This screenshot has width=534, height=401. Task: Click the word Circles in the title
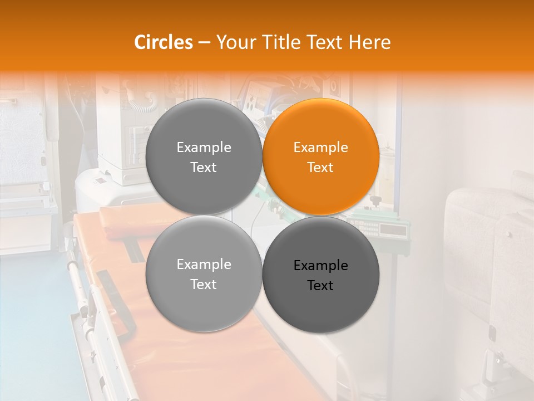pos(164,42)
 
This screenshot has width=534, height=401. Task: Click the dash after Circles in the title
pos(204,43)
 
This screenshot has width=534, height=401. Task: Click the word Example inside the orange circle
pos(321,148)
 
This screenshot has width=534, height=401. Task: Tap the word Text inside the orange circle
pos(321,168)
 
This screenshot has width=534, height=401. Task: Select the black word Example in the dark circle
pos(321,266)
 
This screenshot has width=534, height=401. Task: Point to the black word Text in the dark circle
pos(321,286)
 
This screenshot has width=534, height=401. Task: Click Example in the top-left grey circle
pos(204,148)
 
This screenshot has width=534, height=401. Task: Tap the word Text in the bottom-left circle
pos(204,285)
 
